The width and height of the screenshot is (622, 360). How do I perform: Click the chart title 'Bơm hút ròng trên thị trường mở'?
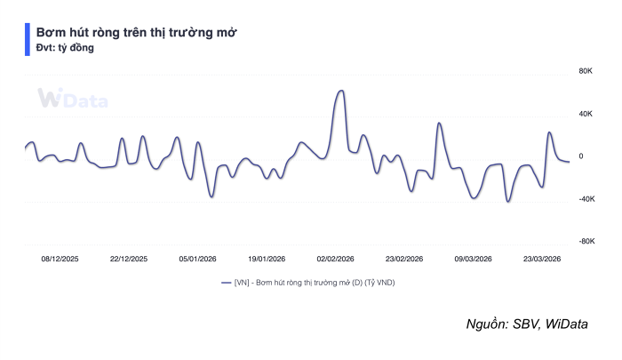pos(136,32)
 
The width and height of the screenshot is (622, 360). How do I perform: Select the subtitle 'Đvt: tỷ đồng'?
pos(65,48)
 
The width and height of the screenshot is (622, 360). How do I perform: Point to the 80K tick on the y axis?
pos(586,71)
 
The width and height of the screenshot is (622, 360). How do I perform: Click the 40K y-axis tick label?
pos(586,114)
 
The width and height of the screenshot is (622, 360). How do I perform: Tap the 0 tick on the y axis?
pos(581,156)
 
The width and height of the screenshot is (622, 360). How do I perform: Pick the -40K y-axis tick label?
pos(586,199)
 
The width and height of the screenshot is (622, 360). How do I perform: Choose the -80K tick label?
pos(586,242)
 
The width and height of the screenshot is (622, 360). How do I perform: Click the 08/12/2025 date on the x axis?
pos(60,259)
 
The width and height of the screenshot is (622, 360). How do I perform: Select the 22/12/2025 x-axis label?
pos(129,259)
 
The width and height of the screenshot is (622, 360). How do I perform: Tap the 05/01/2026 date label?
pos(198,259)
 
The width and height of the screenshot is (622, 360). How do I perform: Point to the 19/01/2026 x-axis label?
pos(267,259)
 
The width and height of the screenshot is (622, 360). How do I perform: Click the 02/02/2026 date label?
pos(336,259)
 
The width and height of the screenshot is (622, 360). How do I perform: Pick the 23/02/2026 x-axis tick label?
pos(404,259)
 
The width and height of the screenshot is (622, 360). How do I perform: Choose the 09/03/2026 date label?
pos(474,259)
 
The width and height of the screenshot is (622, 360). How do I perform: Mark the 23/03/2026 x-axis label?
pos(542,259)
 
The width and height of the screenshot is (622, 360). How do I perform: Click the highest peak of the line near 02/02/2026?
pos(340,91)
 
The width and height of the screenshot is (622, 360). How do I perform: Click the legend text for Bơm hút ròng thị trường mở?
pos(318,282)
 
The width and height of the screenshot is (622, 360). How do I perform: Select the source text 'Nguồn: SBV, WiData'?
pos(527,324)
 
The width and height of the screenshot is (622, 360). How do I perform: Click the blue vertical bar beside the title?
pos(27,40)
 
